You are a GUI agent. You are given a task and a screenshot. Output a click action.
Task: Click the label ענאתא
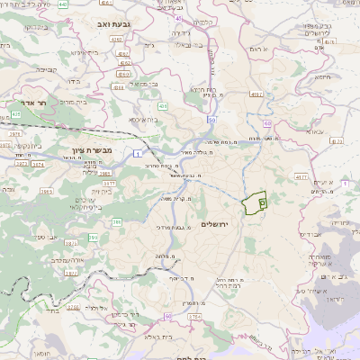coord(313,131)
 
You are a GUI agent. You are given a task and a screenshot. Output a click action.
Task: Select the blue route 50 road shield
coord(211,119)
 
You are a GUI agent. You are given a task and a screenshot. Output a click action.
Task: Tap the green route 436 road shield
coord(149,104)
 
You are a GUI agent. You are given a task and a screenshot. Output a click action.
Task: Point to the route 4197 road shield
coord(256,94)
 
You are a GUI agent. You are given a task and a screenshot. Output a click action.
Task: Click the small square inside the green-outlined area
coord(262,203)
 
